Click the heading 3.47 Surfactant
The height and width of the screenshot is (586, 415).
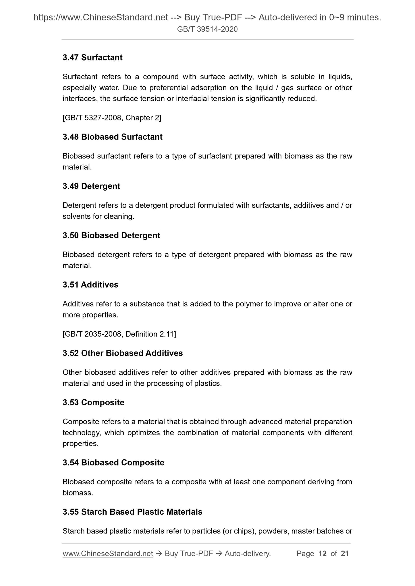click(x=92, y=58)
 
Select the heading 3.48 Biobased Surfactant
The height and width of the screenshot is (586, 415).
click(x=113, y=137)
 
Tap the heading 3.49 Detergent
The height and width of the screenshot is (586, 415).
click(x=91, y=186)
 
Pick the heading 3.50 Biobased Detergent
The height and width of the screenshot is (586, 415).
click(x=111, y=236)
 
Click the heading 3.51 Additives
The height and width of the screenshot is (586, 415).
click(x=90, y=285)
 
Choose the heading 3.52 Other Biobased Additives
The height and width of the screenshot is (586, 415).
click(x=123, y=353)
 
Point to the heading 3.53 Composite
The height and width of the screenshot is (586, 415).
click(x=93, y=403)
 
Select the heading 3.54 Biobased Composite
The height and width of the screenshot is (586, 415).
click(x=113, y=463)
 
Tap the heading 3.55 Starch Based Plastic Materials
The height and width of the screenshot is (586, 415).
click(x=132, y=512)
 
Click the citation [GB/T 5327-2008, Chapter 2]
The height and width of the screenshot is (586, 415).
click(x=112, y=118)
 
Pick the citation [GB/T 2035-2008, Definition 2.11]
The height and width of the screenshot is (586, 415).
click(x=119, y=334)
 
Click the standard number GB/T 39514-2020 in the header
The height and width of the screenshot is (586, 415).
click(x=207, y=29)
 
